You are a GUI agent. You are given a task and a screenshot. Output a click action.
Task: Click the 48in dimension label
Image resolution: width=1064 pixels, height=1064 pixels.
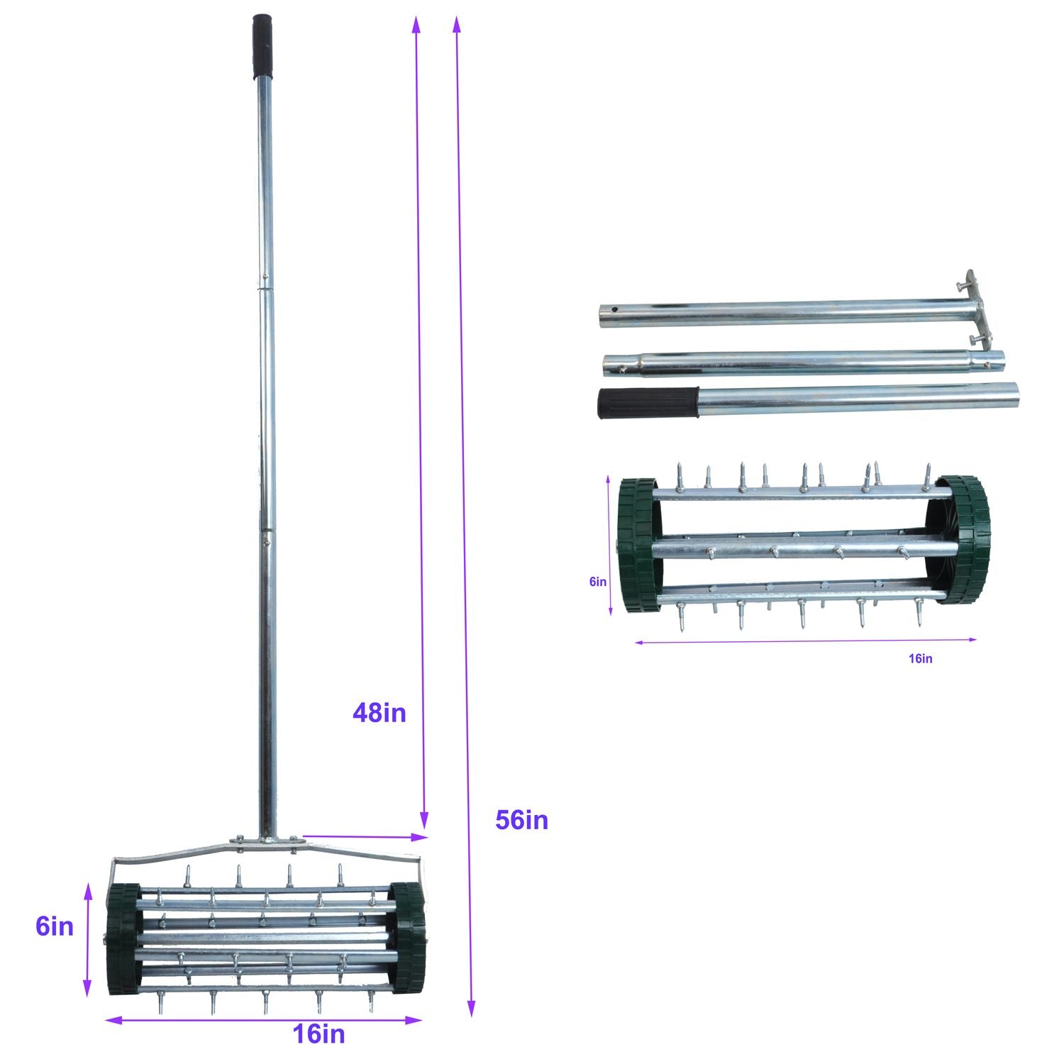[379, 712]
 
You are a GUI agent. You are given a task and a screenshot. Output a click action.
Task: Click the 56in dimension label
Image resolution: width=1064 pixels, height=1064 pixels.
[521, 820]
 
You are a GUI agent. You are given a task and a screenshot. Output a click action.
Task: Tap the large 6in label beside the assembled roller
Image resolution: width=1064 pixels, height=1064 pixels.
[55, 926]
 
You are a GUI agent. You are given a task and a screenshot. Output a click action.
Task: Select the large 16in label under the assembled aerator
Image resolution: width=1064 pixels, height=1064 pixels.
[319, 1034]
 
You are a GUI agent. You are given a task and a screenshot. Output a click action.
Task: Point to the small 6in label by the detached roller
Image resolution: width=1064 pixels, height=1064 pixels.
[598, 582]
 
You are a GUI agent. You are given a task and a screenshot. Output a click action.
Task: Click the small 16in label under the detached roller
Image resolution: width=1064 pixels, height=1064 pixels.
[920, 658]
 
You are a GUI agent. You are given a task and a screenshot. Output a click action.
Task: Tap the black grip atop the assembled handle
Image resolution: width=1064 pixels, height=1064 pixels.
[262, 47]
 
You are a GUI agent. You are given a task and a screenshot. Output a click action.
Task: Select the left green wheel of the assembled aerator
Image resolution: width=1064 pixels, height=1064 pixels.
[123, 939]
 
